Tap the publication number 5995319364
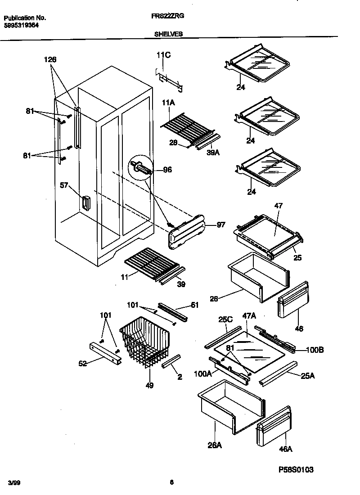pos(21,26)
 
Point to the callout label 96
pos(167,170)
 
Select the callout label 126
pos(50,59)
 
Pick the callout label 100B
pos(316,349)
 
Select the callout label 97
pos(220,225)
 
